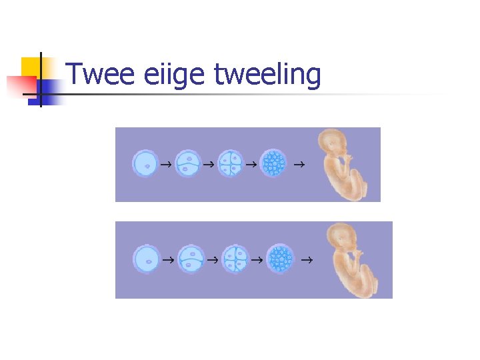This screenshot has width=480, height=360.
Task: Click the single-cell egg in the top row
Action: click(145, 163)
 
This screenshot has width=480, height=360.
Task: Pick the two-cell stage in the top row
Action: click(188, 163)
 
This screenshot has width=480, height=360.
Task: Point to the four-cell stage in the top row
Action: click(231, 163)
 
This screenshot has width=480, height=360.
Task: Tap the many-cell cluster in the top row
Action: click(273, 163)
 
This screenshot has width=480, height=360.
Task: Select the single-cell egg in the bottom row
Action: click(146, 259)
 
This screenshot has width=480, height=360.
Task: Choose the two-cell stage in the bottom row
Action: click(191, 259)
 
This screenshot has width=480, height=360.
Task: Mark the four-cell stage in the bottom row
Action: click(235, 259)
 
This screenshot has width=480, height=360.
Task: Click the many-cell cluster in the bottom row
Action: click(280, 258)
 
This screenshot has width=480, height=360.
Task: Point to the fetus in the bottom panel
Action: click(353, 260)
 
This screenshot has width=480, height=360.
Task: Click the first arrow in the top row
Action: click(165, 163)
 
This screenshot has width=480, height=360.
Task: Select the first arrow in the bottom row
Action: click(169, 259)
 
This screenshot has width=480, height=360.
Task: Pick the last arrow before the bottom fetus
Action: click(306, 258)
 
